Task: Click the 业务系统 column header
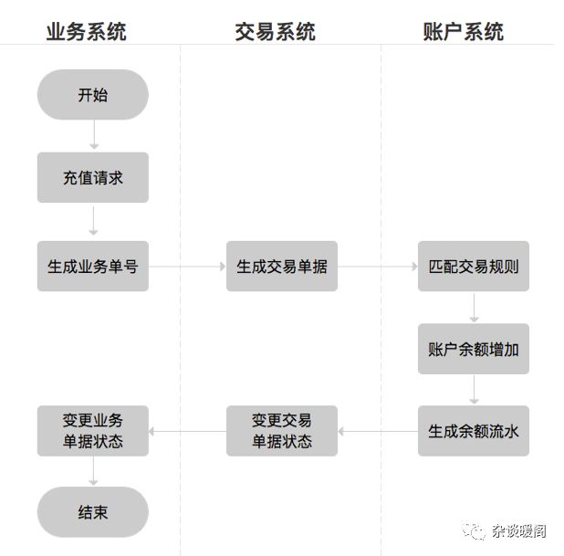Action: [87, 32]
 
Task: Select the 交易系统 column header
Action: [276, 32]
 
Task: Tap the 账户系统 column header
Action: [464, 32]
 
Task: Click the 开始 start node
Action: [92, 95]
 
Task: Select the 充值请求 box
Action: [92, 178]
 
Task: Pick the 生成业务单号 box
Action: [92, 267]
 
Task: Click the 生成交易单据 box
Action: [281, 267]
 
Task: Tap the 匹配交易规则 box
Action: [473, 267]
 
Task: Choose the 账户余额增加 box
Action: [473, 349]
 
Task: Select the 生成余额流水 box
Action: [473, 431]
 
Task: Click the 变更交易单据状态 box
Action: [281, 431]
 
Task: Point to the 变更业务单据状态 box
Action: [92, 431]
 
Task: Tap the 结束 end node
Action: [92, 512]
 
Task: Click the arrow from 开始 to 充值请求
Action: [92, 135]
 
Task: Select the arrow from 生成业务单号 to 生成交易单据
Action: [187, 267]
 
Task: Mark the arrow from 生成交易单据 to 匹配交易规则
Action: [377, 267]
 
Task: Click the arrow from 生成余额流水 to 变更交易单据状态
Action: [377, 431]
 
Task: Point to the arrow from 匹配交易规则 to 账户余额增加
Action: [473, 308]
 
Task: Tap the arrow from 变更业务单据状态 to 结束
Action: [92, 471]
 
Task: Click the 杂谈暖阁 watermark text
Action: [520, 529]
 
